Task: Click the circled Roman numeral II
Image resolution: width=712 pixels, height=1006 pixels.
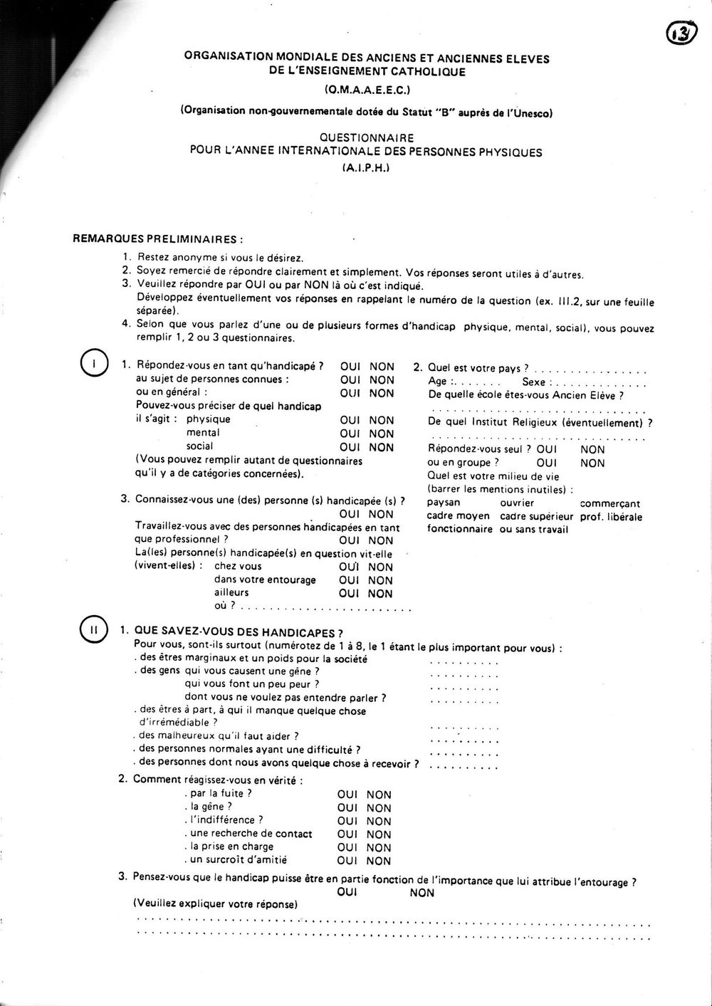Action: pyautogui.click(x=94, y=630)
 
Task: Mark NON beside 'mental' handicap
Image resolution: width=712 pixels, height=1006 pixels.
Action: pyautogui.click(x=382, y=434)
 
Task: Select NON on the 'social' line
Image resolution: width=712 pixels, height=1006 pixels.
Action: pyautogui.click(x=382, y=447)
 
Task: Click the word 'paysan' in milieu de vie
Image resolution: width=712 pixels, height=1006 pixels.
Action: pyautogui.click(x=444, y=503)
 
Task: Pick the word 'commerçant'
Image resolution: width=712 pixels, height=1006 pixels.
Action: pyautogui.click(x=610, y=503)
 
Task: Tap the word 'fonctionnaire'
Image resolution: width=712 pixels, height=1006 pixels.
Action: pyautogui.click(x=459, y=529)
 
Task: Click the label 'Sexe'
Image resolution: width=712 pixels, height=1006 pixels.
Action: pyautogui.click(x=533, y=382)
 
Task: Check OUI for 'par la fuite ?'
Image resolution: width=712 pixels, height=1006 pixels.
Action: pyautogui.click(x=347, y=795)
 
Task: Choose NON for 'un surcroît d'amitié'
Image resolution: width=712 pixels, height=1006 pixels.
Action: pyautogui.click(x=379, y=861)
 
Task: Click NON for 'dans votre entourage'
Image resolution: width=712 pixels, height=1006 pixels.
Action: pyautogui.click(x=380, y=580)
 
